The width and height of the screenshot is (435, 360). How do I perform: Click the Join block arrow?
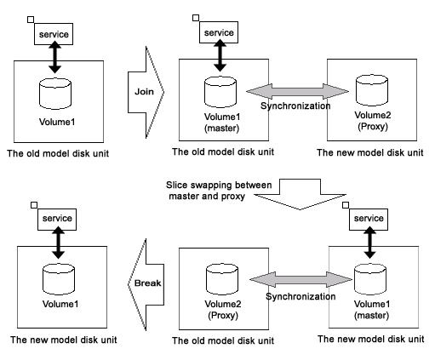(146, 92)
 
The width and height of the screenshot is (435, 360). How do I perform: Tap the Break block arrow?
(146, 284)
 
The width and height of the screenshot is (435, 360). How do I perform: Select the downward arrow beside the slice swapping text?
(300, 195)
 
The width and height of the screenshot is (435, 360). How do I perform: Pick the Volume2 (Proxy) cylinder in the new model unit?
(372, 90)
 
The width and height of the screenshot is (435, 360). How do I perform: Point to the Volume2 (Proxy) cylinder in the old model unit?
(222, 279)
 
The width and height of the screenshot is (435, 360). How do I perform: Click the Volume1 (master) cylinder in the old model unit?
(220, 92)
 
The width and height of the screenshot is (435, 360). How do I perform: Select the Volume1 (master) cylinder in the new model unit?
(370, 279)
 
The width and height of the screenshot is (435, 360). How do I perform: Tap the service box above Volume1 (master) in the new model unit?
(369, 220)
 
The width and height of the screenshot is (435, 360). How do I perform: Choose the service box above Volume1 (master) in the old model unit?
(219, 32)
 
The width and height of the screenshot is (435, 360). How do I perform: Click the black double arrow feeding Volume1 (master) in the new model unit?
(369, 243)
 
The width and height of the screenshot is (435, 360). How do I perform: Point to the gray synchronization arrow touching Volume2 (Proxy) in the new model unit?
(297, 91)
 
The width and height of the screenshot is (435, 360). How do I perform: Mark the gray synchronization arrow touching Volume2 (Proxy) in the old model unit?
(300, 279)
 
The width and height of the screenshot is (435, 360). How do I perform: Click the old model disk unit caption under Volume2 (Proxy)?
(223, 340)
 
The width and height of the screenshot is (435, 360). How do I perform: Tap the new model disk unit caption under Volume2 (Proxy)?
(370, 152)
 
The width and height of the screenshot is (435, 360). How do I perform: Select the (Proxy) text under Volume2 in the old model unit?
(223, 316)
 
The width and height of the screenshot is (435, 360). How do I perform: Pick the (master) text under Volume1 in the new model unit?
(371, 316)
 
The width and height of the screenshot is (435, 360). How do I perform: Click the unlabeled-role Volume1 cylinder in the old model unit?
(55, 94)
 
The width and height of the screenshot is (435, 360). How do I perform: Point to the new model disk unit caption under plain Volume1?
(64, 340)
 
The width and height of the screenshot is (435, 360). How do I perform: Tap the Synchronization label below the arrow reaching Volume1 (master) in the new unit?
(300, 297)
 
